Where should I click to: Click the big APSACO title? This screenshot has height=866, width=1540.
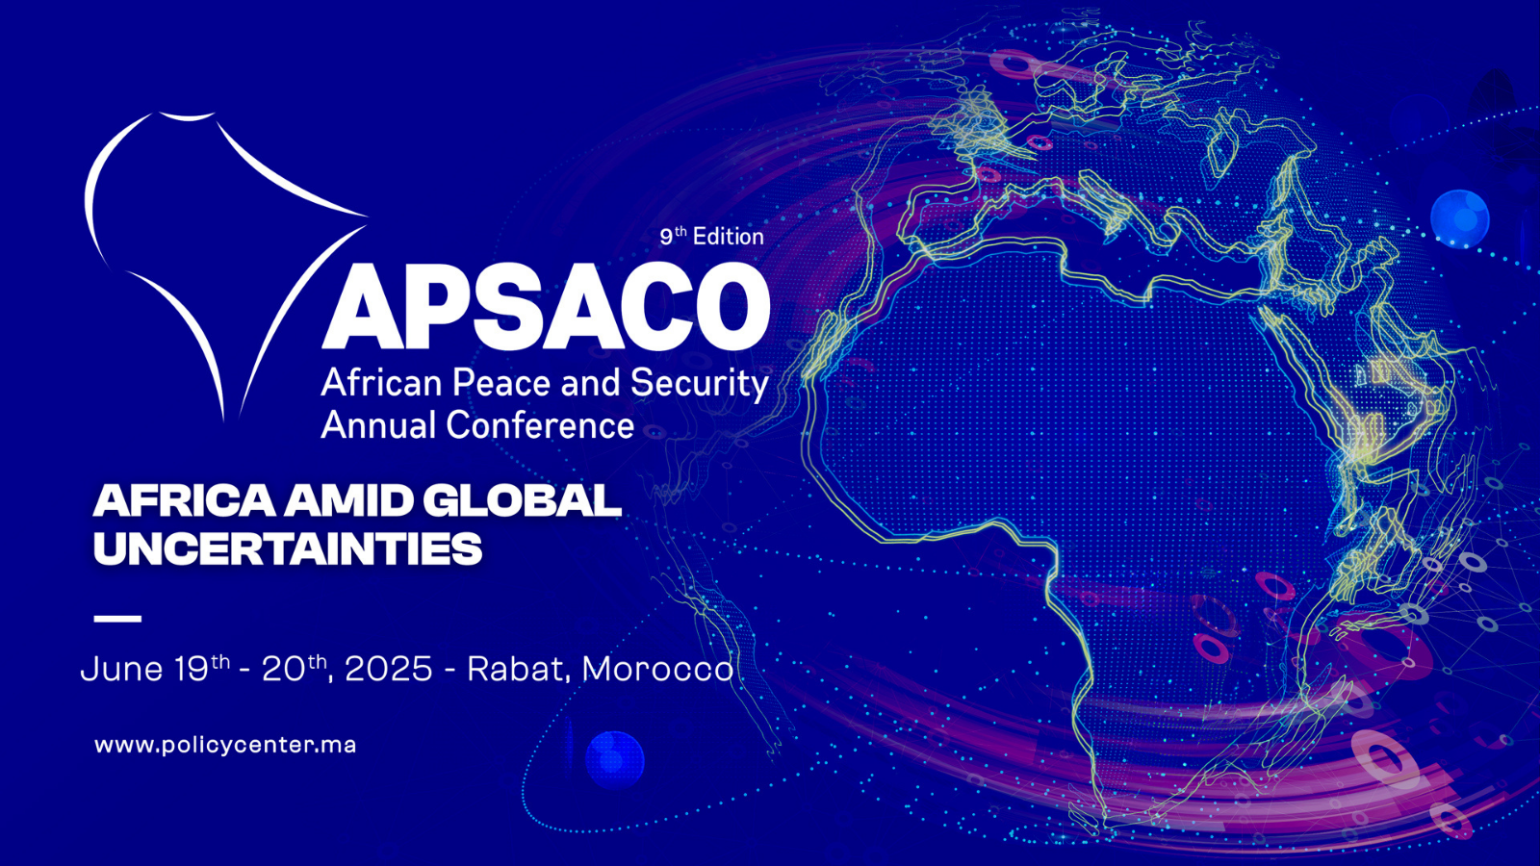pyautogui.click(x=546, y=307)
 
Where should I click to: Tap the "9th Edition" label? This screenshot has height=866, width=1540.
pyautogui.click(x=711, y=236)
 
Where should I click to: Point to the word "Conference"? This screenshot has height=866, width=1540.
pyautogui.click(x=540, y=424)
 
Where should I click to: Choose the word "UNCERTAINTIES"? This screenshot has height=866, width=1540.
pyautogui.click(x=288, y=548)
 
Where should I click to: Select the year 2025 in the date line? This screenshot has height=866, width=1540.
pyautogui.click(x=389, y=669)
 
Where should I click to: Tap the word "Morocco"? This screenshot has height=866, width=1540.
pyautogui.click(x=658, y=669)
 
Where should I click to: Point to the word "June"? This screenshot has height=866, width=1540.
pyautogui.click(x=121, y=669)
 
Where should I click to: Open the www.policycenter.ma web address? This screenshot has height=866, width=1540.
pyautogui.click(x=225, y=745)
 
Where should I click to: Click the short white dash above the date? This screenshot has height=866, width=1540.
pyautogui.click(x=117, y=619)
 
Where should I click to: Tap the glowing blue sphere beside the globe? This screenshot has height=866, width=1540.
pyautogui.click(x=1459, y=218)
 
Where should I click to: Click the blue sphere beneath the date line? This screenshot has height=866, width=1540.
pyautogui.click(x=615, y=760)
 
